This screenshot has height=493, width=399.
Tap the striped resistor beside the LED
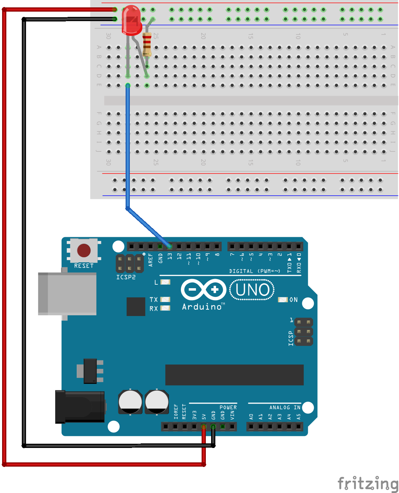[147, 44]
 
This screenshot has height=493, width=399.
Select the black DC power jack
[80, 406]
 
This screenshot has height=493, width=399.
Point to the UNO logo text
[252, 290]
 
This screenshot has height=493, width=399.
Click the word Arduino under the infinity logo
[202, 307]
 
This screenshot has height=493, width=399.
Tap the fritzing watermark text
[367, 483]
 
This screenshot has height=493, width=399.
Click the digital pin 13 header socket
[170, 246]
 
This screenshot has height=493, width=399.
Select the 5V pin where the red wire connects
[204, 426]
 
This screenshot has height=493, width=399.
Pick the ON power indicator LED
[283, 300]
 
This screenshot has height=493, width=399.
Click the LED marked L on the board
[165, 282]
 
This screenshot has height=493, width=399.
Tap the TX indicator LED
[165, 299]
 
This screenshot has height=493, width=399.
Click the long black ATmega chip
[234, 375]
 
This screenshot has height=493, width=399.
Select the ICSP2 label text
[126, 277]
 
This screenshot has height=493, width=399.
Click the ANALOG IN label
[285, 407]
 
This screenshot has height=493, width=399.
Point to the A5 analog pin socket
[299, 426]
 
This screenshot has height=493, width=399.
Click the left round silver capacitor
[130, 402]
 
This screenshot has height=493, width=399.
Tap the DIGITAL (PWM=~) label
[254, 271]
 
